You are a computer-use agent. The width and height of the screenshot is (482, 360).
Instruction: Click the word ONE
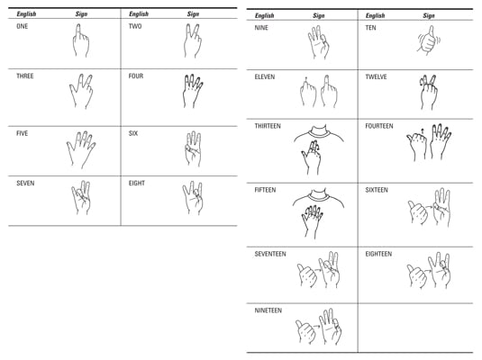(x=23, y=26)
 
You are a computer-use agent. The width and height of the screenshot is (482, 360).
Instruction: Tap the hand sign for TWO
(x=193, y=40)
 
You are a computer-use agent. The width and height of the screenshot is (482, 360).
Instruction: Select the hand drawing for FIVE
(x=81, y=149)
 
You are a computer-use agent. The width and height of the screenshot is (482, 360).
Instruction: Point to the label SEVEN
(x=25, y=184)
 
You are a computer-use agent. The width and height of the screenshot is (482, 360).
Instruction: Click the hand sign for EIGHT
(x=193, y=198)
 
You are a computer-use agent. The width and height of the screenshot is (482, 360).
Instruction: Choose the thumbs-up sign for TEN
(x=429, y=40)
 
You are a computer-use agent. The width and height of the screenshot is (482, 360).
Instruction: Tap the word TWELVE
(x=376, y=76)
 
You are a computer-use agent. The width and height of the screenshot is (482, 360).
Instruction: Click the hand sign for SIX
(x=193, y=149)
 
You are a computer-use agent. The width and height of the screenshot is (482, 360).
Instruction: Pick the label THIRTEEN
(x=268, y=126)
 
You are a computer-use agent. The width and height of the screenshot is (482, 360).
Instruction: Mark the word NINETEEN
(x=268, y=310)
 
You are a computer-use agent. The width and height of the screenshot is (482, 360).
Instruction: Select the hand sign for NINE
(x=318, y=42)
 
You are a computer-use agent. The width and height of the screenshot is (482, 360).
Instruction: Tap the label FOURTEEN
(x=379, y=126)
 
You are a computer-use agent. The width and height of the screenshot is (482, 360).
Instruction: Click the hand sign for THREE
(x=81, y=91)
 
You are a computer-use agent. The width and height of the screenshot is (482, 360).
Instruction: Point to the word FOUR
(x=136, y=76)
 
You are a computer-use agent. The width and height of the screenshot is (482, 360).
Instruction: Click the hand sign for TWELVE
(x=428, y=92)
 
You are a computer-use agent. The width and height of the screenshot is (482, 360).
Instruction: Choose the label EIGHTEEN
(x=378, y=254)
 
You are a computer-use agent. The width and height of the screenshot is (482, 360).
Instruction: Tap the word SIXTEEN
(x=377, y=190)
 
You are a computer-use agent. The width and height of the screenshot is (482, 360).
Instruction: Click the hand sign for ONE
(x=80, y=40)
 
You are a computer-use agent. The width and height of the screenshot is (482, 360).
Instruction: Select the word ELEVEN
(x=265, y=76)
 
